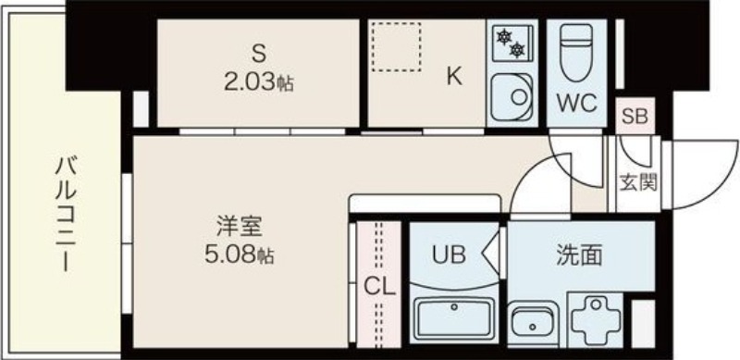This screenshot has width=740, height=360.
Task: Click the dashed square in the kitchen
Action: point(396,45)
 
